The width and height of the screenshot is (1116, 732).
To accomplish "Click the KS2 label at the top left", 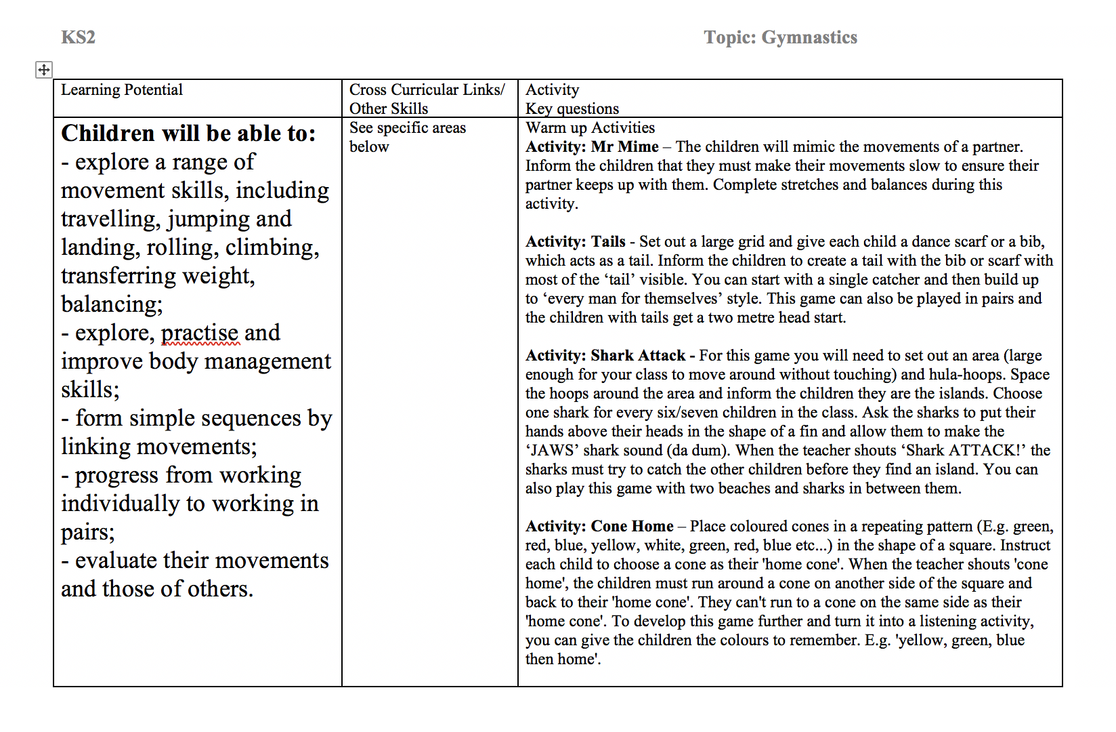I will [78, 37].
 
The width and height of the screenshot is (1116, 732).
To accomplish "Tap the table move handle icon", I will [43, 69].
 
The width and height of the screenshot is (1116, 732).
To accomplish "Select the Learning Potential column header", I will [122, 90].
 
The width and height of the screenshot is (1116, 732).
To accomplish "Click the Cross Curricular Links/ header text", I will [427, 90].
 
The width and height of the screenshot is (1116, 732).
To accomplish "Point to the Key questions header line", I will [572, 109].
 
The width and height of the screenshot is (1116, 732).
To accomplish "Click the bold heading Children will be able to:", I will [188, 134].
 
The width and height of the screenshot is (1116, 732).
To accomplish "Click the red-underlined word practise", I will [200, 333].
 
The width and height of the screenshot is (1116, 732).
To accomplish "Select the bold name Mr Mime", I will [624, 147].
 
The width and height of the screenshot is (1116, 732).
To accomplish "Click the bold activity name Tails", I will [608, 242].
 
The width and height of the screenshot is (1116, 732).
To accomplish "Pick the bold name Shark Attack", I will [638, 356].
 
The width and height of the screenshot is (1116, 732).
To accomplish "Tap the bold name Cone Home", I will [632, 527].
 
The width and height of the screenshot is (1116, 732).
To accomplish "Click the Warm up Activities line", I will [590, 128].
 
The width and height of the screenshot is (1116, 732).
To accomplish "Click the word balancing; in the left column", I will [112, 304].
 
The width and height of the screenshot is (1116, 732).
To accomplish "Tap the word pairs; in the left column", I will [88, 532].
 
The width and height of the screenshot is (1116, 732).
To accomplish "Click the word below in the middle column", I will [369, 147].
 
